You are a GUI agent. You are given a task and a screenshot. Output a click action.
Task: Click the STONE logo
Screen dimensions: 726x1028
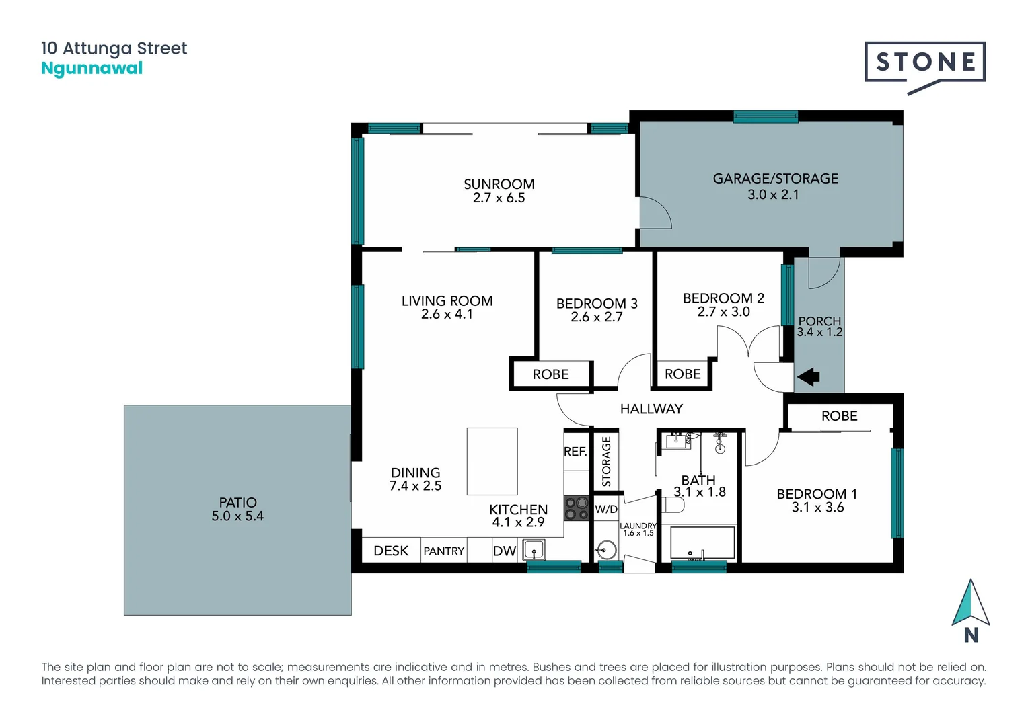925,63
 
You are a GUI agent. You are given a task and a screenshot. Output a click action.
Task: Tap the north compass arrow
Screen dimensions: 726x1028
970,603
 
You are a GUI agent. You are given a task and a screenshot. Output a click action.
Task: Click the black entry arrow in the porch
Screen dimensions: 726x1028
808,377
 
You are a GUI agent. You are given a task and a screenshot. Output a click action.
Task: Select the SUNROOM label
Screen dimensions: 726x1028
499,184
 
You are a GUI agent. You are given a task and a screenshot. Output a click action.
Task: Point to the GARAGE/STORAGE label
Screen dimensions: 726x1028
775,179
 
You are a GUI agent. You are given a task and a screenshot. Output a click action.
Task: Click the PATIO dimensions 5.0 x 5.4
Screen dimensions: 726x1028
237,516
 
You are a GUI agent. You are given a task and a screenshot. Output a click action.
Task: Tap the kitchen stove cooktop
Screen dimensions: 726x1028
576,508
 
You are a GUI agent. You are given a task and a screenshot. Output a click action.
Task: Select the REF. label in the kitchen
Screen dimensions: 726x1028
575,452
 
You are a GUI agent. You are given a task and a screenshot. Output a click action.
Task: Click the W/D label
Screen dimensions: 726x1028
605,509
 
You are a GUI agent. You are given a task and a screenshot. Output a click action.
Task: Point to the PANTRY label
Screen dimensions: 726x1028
443,551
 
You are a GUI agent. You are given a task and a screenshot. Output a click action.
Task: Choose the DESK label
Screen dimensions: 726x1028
391,551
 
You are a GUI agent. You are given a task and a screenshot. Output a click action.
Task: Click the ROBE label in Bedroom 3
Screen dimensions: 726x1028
550,374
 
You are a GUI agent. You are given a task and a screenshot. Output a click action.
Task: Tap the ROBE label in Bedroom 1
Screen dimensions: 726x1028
839,416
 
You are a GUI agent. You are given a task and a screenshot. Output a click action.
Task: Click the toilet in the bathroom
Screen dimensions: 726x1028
673,505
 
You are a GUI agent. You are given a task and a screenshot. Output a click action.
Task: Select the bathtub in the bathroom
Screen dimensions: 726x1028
702,543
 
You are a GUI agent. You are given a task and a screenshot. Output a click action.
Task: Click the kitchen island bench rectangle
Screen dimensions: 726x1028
492,461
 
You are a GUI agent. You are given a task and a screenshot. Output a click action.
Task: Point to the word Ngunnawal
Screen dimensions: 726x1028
92,69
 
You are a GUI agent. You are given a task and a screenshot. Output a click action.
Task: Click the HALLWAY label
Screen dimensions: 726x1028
651,409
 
